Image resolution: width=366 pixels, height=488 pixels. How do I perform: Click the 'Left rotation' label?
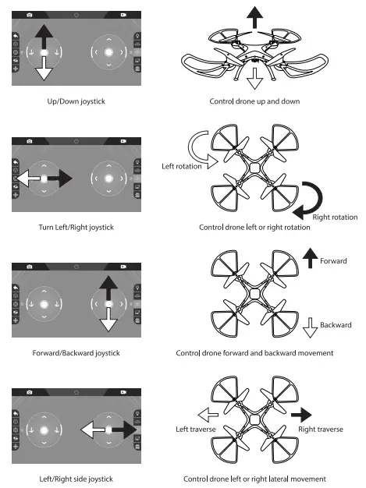pyautogui.click(x=181, y=166)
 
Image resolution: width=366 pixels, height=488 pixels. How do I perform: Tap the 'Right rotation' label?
pyautogui.click(x=335, y=217)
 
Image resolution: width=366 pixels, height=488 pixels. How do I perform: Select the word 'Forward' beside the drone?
pyautogui.click(x=332, y=261)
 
